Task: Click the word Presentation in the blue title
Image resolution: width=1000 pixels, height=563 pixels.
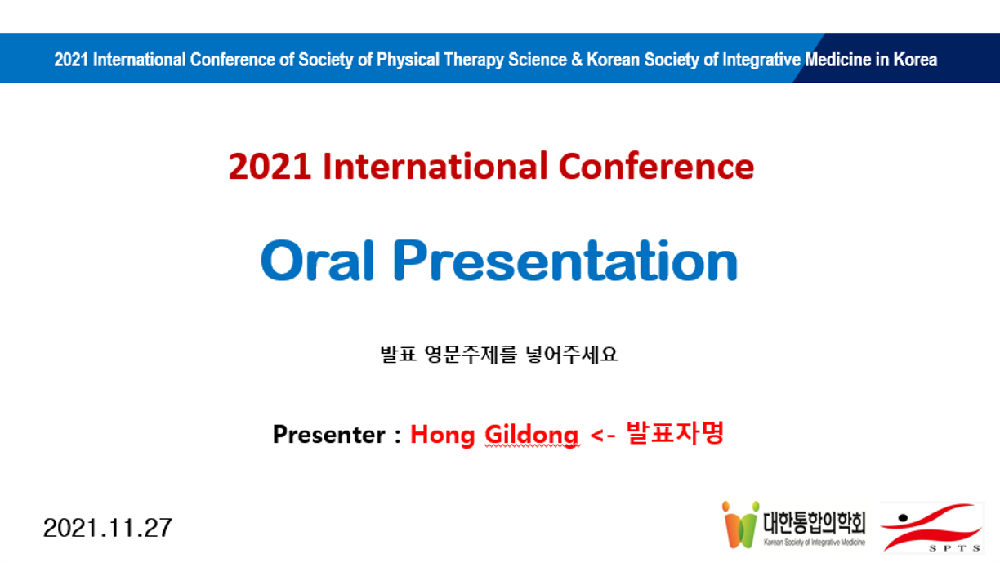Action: tap(565, 261)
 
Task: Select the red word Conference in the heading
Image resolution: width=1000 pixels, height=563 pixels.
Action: tap(656, 166)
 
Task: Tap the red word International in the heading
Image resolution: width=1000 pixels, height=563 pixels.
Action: tap(435, 166)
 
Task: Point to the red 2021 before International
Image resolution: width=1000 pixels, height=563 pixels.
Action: tap(270, 166)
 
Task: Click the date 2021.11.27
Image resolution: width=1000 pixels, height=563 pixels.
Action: tap(108, 528)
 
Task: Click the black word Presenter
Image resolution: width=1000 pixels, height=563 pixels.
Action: tap(329, 435)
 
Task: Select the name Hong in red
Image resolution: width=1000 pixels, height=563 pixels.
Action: tap(443, 436)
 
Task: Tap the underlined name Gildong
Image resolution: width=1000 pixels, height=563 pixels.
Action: tap(532, 436)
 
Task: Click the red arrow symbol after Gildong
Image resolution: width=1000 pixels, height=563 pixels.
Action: tap(603, 436)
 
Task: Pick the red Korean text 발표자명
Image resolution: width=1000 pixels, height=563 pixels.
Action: tap(675, 432)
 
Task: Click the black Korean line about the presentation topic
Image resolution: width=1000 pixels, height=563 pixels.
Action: tap(498, 355)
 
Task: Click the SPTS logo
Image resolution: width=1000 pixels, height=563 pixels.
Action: tap(931, 527)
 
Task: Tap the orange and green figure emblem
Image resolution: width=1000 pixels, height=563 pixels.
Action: tap(741, 525)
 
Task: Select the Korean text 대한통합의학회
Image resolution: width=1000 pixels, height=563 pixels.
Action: tap(815, 523)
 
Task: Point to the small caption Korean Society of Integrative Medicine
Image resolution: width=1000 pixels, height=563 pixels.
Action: tap(815, 543)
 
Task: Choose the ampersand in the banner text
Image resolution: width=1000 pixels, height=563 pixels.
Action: tap(577, 60)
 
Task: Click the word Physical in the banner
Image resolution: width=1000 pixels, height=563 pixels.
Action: tap(408, 60)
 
